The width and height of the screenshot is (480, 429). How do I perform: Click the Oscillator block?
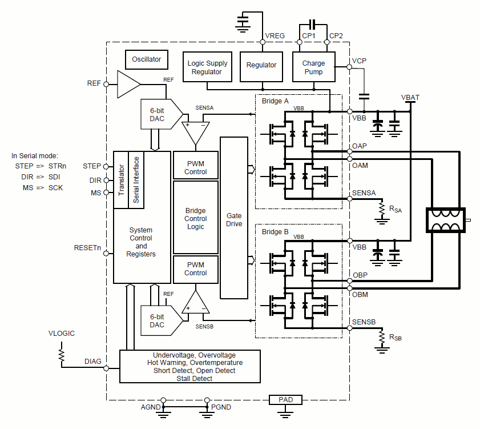click(x=147, y=59)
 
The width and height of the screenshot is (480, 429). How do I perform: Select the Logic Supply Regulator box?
click(x=207, y=67)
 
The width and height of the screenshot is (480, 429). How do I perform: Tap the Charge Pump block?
click(x=313, y=67)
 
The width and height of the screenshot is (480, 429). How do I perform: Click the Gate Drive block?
click(x=234, y=220)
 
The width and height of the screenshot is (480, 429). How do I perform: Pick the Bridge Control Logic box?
click(x=196, y=218)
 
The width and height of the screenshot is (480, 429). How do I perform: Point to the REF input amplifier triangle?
click(x=128, y=84)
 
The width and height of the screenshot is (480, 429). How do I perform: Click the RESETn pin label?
click(x=87, y=248)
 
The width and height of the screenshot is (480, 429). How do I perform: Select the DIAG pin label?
click(x=93, y=361)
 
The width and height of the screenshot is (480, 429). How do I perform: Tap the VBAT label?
click(x=410, y=98)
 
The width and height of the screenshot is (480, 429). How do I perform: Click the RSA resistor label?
click(x=396, y=210)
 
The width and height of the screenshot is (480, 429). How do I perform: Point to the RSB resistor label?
click(x=396, y=338)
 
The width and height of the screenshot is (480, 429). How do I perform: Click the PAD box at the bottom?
click(x=286, y=400)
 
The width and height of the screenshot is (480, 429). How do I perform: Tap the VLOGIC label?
click(x=62, y=334)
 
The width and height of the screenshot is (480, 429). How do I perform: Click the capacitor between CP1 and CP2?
click(x=312, y=25)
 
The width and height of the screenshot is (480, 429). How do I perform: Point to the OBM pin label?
click(x=360, y=294)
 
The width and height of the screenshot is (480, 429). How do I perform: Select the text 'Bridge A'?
click(x=275, y=101)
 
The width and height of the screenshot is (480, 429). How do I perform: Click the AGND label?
click(x=151, y=407)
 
